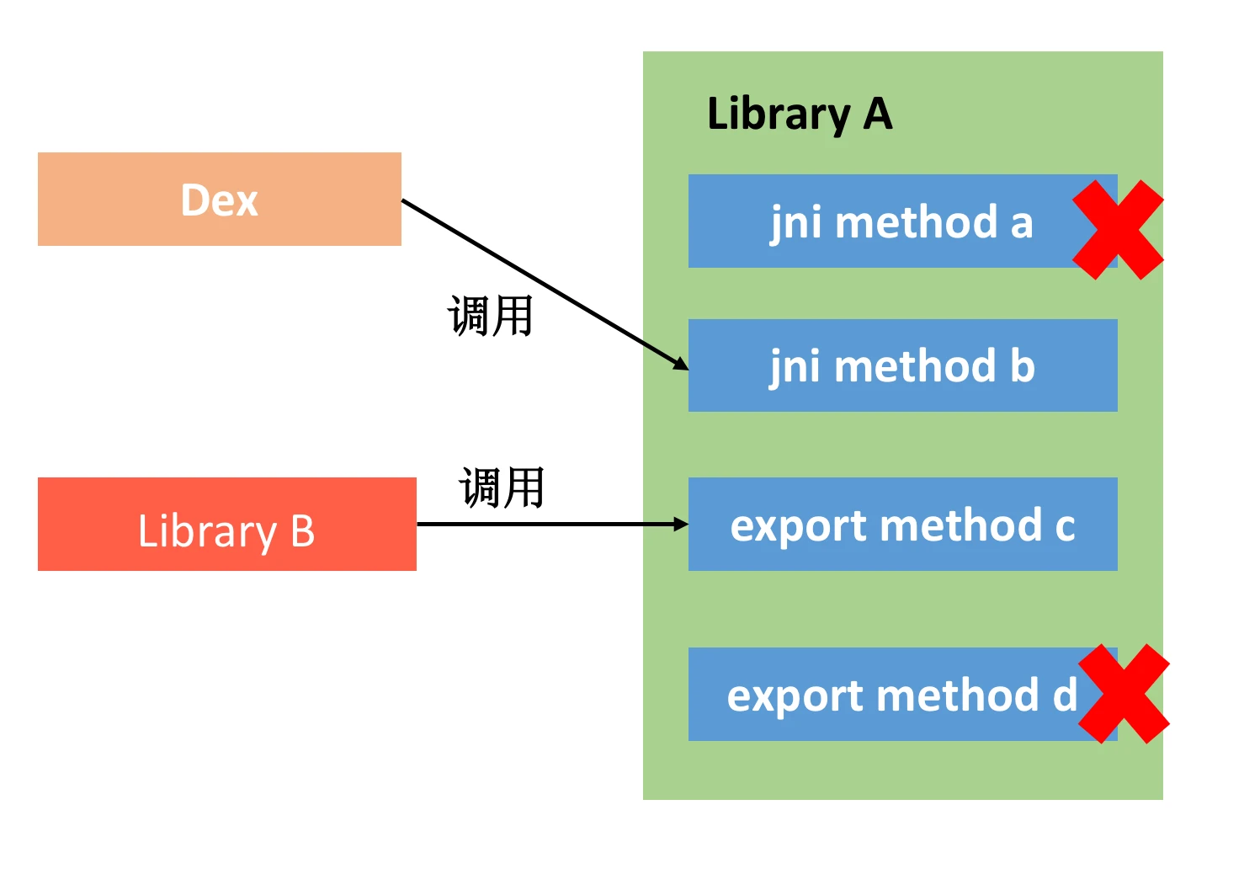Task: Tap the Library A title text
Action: pyautogui.click(x=799, y=115)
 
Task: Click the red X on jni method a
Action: pyautogui.click(x=1118, y=229)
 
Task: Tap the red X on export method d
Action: pyautogui.click(x=1124, y=694)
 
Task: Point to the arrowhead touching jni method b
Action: pyautogui.click(x=681, y=365)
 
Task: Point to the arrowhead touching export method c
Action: pyautogui.click(x=681, y=525)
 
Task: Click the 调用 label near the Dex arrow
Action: pyautogui.click(x=491, y=317)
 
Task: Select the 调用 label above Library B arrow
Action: pyautogui.click(x=502, y=488)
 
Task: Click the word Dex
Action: pyautogui.click(x=219, y=200)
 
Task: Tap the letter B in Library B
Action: pyautogui.click(x=302, y=531)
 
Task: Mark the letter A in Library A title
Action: pyautogui.click(x=877, y=115)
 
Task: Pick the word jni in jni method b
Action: pyautogui.click(x=795, y=367)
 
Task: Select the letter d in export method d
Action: pyautogui.click(x=1065, y=695)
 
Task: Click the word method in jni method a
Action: pyautogui.click(x=917, y=222)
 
